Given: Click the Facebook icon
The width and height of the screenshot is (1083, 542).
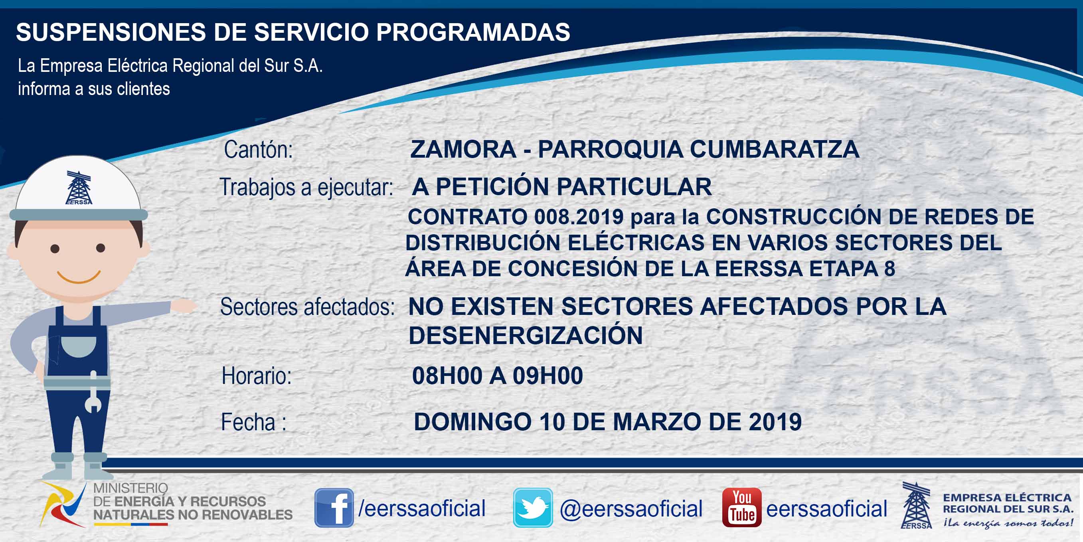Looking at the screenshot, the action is [x=334, y=508].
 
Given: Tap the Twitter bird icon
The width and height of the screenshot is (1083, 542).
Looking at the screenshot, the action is [x=533, y=508].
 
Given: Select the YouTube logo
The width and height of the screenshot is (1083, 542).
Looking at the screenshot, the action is [x=741, y=508].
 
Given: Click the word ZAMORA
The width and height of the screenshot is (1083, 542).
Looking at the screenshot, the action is [x=463, y=149].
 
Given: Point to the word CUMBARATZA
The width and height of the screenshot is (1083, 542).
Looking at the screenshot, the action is [x=775, y=149].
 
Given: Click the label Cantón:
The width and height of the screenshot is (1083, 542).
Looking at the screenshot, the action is [x=258, y=150].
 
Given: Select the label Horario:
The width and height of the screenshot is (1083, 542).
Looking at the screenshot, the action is [x=257, y=376].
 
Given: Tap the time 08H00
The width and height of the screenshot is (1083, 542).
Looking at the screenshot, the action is [x=447, y=376].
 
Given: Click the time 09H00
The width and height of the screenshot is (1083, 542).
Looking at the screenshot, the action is [x=548, y=376].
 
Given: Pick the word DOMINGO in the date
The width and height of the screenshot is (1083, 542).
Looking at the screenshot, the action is [x=473, y=422].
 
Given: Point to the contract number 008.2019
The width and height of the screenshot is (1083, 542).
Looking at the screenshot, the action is [x=579, y=217].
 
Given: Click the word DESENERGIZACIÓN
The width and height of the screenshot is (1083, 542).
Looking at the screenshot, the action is [x=526, y=336].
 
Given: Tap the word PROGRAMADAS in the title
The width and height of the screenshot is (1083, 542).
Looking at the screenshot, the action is [x=473, y=32].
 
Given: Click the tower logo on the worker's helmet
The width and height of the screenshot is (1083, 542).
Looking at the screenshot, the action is [x=79, y=188].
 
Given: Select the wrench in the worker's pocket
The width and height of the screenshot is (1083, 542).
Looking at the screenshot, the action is [x=93, y=392].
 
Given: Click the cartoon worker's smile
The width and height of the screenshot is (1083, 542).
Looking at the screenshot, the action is [x=79, y=277].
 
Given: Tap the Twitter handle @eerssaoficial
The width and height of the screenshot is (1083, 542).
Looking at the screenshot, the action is [x=631, y=509].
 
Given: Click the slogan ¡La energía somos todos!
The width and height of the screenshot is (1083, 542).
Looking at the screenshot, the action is [x=1008, y=523].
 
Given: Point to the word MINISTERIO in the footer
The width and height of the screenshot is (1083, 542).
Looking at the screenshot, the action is [x=130, y=488].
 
